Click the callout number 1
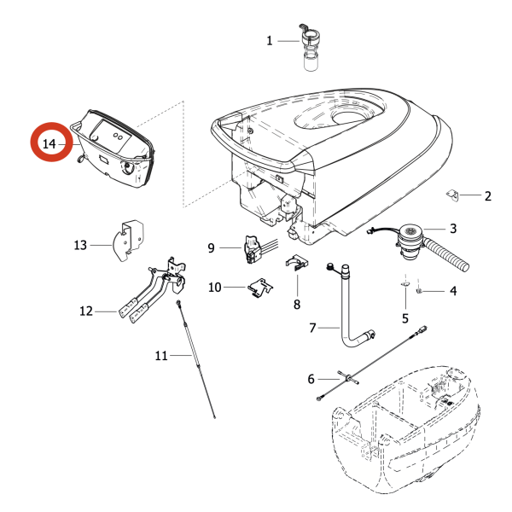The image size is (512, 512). click(x=270, y=40)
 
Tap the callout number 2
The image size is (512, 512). click(x=487, y=197)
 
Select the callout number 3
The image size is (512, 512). click(x=453, y=229)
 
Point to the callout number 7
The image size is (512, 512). click(x=312, y=328)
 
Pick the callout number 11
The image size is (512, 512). click(x=162, y=355)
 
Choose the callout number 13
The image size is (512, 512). click(x=80, y=246)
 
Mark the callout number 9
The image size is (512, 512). click(x=211, y=248)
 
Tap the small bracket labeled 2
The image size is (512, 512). click(x=454, y=196)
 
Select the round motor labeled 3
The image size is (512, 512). click(x=410, y=234)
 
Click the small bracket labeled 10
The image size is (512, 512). click(x=259, y=288)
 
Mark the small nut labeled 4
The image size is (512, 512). click(x=422, y=292)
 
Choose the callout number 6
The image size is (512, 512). click(x=311, y=379)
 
